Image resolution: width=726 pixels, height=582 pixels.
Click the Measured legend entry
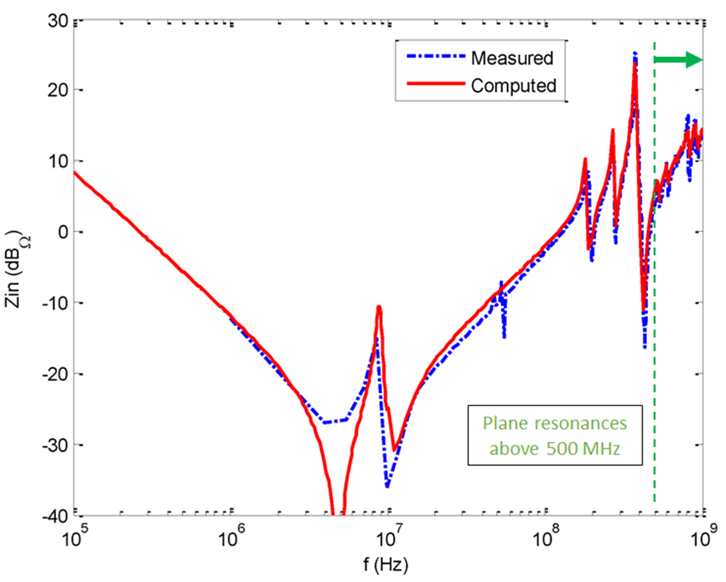click(x=512, y=58)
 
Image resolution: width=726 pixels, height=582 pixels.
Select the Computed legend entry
click(x=513, y=85)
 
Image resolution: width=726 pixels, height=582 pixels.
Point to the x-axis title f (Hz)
click(x=389, y=565)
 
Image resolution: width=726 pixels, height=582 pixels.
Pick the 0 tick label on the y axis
click(x=61, y=232)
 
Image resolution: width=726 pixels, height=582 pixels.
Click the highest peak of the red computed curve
click(x=634, y=58)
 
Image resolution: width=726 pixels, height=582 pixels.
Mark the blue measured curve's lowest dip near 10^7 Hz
click(x=387, y=486)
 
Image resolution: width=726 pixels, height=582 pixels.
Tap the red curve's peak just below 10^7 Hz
click(x=378, y=307)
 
